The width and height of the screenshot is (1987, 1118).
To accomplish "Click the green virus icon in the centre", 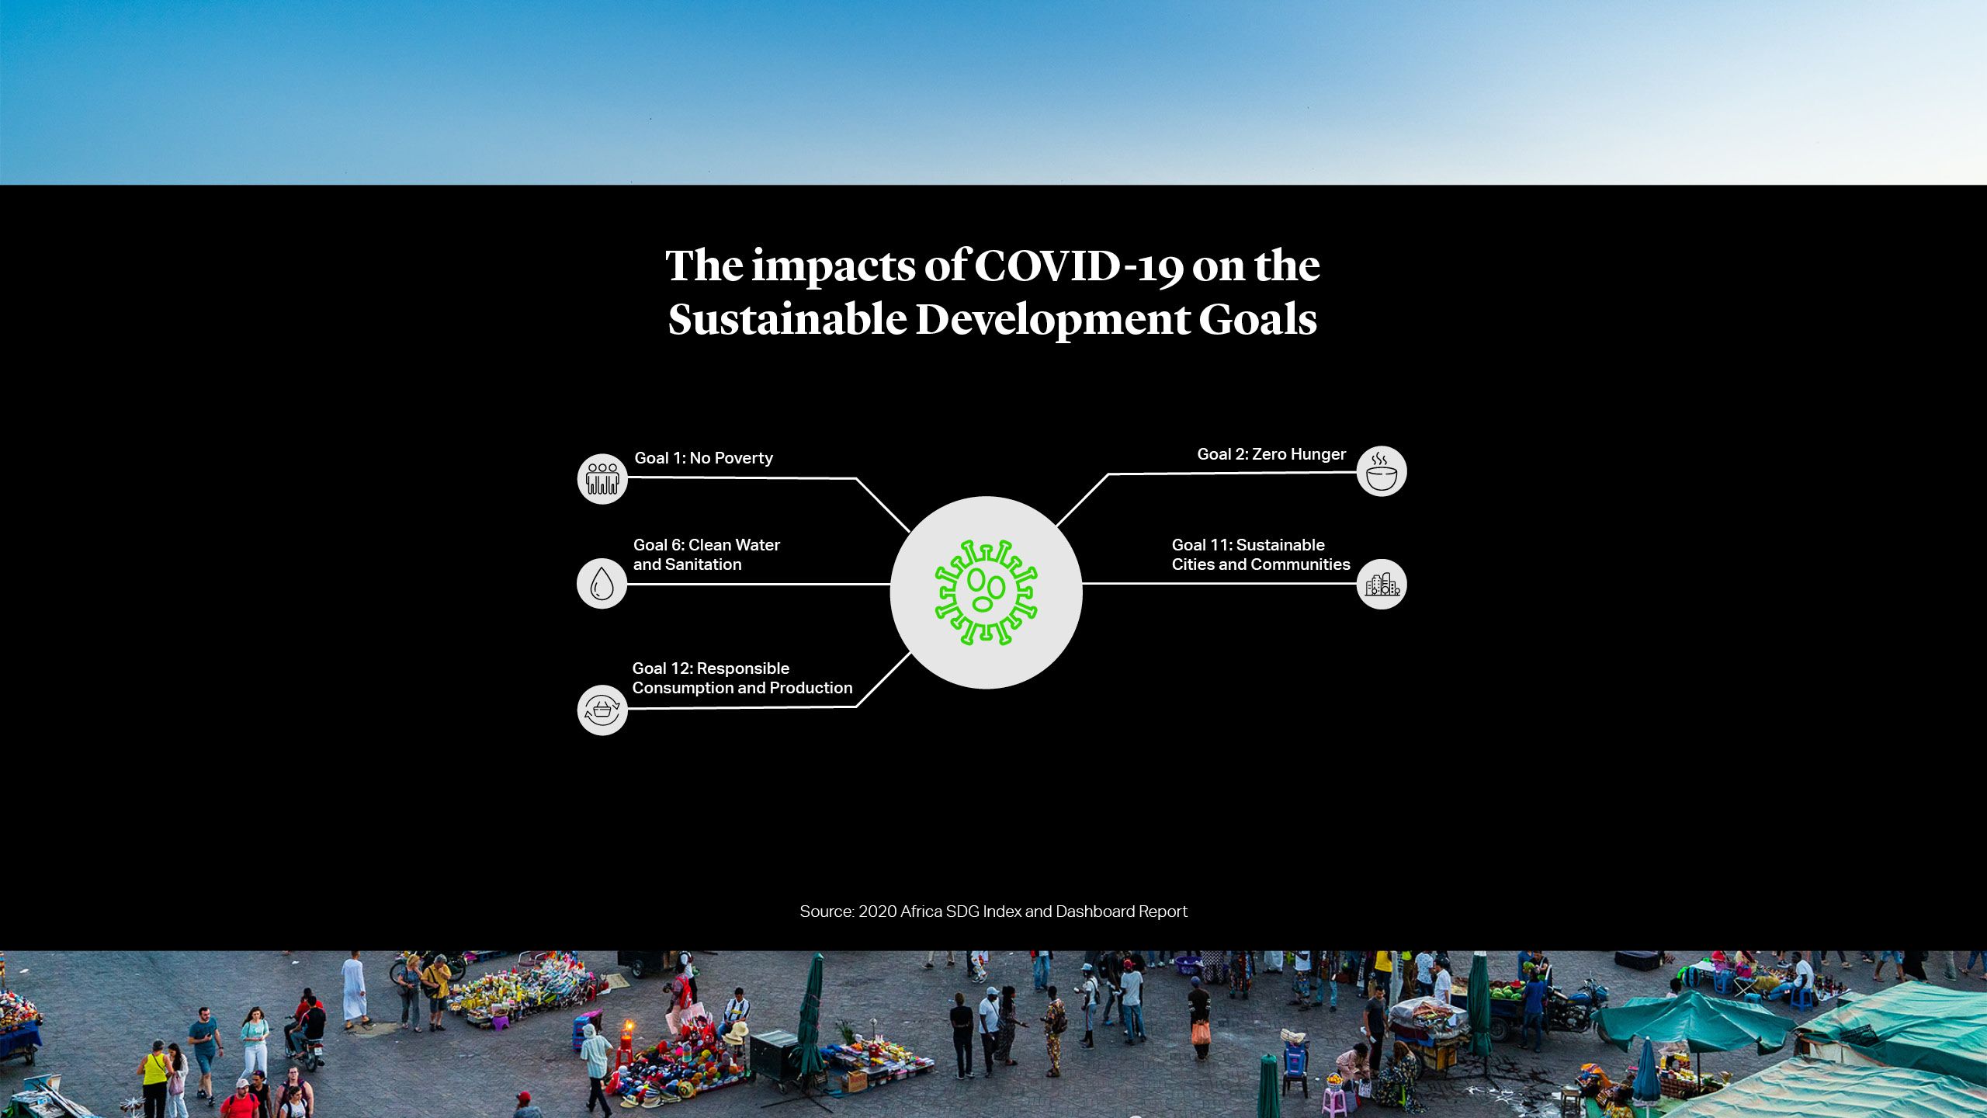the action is click(986, 592).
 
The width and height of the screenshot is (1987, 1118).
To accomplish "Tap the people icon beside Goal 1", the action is click(602, 479).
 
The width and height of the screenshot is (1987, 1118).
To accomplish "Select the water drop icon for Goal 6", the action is click(602, 583).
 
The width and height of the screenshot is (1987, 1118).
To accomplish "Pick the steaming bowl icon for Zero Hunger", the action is click(1382, 471).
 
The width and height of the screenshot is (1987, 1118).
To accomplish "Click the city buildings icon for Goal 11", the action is click(1382, 584).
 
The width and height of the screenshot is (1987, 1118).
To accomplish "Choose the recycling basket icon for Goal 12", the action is click(602, 710).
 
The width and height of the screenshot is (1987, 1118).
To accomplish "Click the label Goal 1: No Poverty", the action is click(704, 458).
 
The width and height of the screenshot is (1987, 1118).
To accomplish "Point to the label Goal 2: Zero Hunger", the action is click(1271, 454).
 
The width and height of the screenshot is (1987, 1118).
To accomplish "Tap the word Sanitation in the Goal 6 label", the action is click(703, 564).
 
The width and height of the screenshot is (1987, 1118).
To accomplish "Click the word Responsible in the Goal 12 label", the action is click(743, 668).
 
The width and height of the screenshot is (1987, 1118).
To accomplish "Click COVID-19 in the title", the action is click(1079, 266).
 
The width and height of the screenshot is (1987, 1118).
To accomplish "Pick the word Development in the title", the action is click(1052, 320).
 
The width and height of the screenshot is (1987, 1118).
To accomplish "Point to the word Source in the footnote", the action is click(827, 911).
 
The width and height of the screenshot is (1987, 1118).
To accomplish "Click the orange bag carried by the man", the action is click(1201, 1032).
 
